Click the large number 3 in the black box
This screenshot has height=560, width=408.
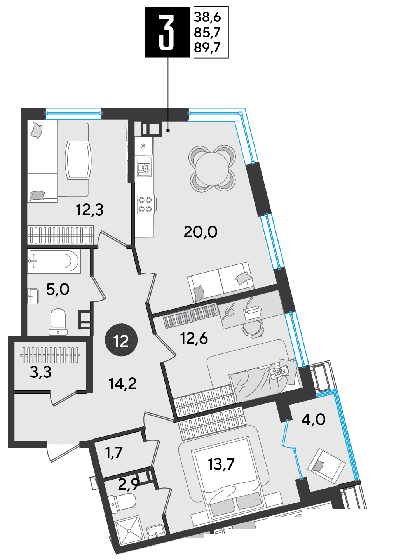166,32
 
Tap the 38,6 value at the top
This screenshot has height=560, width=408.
207,17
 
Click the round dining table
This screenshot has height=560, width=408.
212,168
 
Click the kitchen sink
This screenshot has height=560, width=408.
144,167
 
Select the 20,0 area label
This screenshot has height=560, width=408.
201,232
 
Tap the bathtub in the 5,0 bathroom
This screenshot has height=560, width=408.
54,261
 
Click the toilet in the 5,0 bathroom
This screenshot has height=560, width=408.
58,322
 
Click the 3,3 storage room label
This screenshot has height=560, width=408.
40,372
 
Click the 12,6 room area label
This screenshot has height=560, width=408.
194,339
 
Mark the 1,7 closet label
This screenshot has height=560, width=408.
114,452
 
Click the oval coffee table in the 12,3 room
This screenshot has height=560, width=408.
78,160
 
